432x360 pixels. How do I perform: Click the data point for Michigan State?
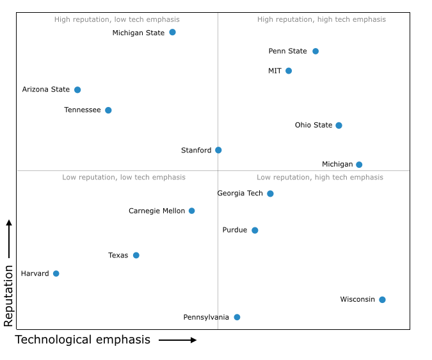coord(172,32)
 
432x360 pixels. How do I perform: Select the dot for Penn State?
coord(316,51)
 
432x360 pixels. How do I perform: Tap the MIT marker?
coord(289,70)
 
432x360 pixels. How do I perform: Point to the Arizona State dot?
coord(77,90)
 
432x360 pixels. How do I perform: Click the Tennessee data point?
coord(108,110)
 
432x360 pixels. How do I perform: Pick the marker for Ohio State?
coord(339,125)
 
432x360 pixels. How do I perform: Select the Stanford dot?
coord(218,150)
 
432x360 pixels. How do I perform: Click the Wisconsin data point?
coord(382,299)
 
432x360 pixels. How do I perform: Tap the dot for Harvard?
coord(56,274)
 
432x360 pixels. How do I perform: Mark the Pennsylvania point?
coord(237,317)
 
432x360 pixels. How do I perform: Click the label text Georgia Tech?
coord(240,193)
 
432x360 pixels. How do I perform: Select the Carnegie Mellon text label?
coord(157,211)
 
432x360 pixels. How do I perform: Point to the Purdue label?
coord(235,230)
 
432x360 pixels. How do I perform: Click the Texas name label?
coord(118,255)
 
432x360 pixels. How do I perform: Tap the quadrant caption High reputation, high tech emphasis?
coord(321,19)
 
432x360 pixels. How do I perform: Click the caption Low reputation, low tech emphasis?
coord(124,177)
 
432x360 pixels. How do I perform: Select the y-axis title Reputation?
coord(8,296)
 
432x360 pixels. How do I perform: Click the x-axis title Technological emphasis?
coord(83,340)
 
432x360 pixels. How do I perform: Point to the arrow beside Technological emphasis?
coord(178,340)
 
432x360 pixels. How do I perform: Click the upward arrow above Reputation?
coord(9,238)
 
